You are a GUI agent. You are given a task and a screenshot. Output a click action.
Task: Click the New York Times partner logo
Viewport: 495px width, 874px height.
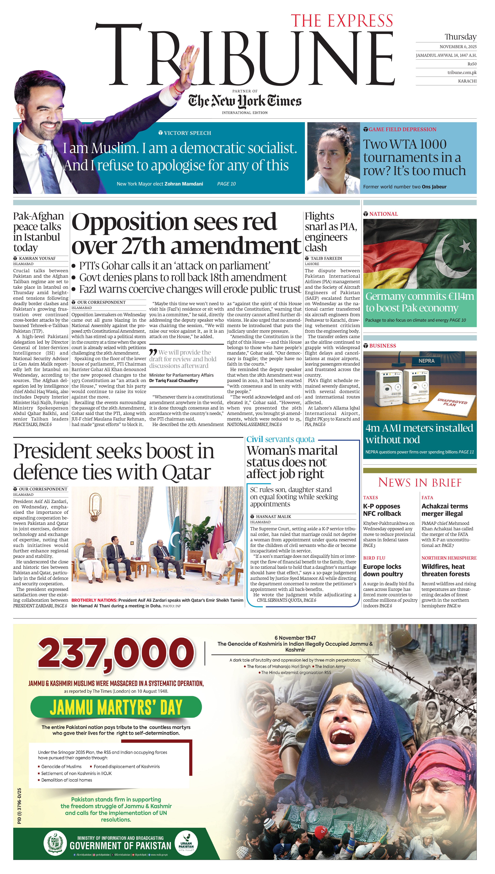pos(245,101)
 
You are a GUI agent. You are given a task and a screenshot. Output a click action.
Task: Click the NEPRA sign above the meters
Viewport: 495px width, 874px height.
pos(426,361)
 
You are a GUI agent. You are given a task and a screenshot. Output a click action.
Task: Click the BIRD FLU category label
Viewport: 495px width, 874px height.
pos(374,558)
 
